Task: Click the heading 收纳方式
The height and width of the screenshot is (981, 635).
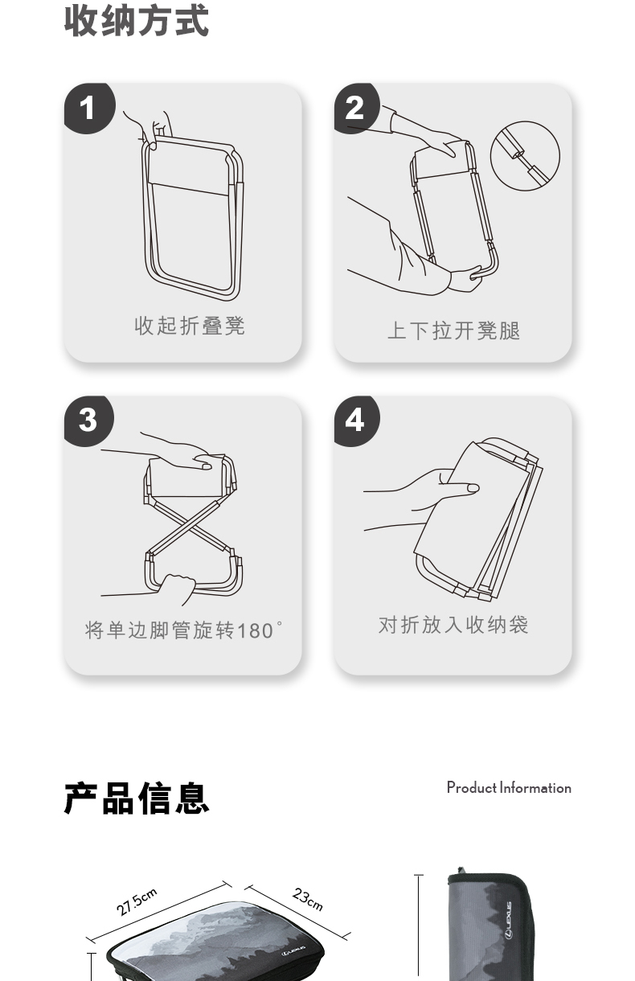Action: click(x=136, y=21)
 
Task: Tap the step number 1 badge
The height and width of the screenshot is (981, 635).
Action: click(x=89, y=108)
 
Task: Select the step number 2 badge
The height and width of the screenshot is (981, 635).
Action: click(x=356, y=108)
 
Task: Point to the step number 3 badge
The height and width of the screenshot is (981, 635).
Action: click(x=88, y=421)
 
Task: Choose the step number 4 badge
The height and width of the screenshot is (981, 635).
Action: click(x=356, y=421)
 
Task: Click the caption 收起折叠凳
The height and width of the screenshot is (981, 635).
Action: click(x=190, y=326)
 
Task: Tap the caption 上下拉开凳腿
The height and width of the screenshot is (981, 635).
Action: click(x=454, y=330)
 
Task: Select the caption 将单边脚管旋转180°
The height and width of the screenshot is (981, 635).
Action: click(x=183, y=630)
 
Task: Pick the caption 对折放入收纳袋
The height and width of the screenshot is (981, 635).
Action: click(x=453, y=625)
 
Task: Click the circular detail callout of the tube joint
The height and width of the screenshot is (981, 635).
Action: click(x=525, y=156)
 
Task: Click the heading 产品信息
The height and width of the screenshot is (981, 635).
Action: click(x=136, y=798)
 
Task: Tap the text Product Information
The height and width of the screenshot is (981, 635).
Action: click(x=509, y=788)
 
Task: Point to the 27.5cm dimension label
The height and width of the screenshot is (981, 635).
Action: click(x=137, y=902)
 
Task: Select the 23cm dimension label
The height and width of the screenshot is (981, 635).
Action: click(x=308, y=899)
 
